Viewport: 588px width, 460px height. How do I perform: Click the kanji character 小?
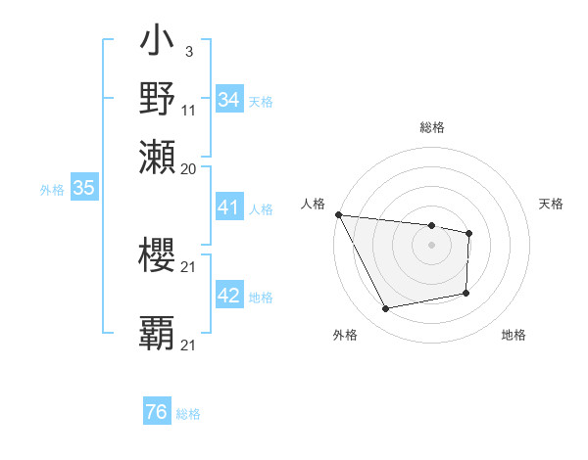pyautogui.click(x=157, y=45)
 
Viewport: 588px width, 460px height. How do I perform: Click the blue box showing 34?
pyautogui.click(x=229, y=100)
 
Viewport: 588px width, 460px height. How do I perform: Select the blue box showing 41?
pyautogui.click(x=229, y=207)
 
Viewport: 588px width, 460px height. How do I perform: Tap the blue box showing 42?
pyautogui.click(x=229, y=297)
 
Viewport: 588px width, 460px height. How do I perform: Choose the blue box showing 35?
pyautogui.click(x=84, y=189)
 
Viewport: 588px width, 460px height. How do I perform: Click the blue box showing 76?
pyautogui.click(x=157, y=412)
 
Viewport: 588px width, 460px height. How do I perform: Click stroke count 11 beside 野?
pyautogui.click(x=189, y=110)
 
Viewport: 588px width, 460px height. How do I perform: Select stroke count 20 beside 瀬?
pyautogui.click(x=189, y=168)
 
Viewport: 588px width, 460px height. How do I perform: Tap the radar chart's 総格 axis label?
pyautogui.click(x=431, y=127)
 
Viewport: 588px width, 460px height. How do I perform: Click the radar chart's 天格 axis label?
pyautogui.click(x=552, y=204)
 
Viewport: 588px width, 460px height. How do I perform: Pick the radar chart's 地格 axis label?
pyautogui.click(x=514, y=336)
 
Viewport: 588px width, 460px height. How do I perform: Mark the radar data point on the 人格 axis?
pyautogui.click(x=338, y=214)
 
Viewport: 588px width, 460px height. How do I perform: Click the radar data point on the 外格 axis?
pyautogui.click(x=386, y=309)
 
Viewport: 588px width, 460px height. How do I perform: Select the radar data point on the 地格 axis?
pyautogui.click(x=465, y=293)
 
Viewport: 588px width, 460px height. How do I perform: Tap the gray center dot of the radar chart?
pyautogui.click(x=431, y=245)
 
